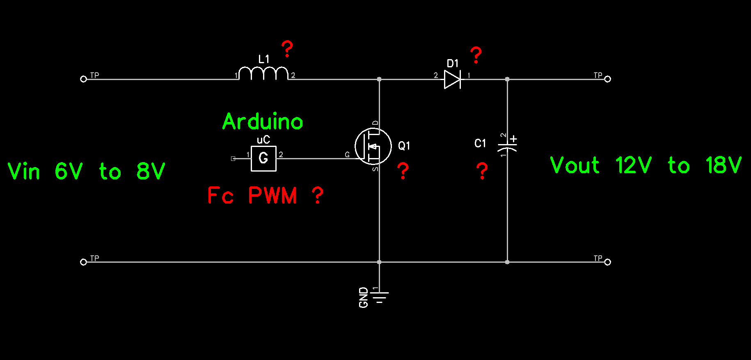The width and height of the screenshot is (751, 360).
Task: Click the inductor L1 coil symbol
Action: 263,73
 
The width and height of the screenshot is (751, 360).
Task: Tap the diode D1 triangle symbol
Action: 452,79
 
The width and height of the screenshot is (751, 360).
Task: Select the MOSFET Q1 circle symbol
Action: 373,146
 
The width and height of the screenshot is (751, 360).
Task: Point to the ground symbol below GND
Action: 379,297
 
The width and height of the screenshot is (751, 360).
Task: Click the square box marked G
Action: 263,158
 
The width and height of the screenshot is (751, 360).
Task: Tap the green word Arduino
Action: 263,122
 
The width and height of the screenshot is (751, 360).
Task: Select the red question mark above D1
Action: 476,55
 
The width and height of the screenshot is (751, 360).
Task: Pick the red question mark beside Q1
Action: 403,171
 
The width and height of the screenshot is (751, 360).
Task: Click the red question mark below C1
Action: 482,171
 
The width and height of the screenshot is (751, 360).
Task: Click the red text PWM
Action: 272,195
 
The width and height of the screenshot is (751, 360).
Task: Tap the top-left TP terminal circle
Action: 83,79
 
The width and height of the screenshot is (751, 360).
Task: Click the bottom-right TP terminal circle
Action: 607,262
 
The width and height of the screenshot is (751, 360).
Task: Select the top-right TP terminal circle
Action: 607,79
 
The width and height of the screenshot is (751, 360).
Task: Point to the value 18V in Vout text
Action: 724,165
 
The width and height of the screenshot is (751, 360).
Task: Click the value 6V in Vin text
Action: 69,171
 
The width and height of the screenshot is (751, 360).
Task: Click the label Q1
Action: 404,146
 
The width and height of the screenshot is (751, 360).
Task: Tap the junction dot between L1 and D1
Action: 379,79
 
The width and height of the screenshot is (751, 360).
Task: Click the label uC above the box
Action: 263,140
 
